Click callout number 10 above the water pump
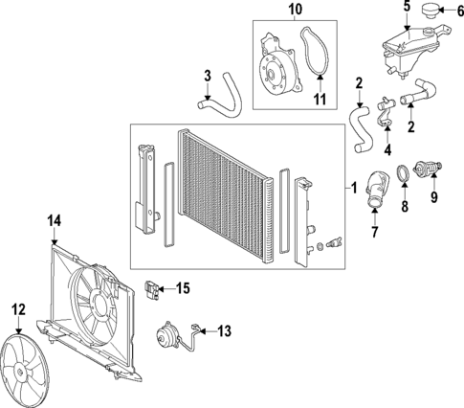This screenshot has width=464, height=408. pos(295,11)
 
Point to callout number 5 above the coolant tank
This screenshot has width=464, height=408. pos(406,8)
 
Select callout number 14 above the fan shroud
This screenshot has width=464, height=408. pos(55,221)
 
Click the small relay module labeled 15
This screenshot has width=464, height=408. pos(151,285)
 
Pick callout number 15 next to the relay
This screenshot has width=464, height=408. pos(184,286)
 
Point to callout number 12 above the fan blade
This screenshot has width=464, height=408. pos(17,307)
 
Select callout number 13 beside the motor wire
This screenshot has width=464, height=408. pos(224,331)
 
